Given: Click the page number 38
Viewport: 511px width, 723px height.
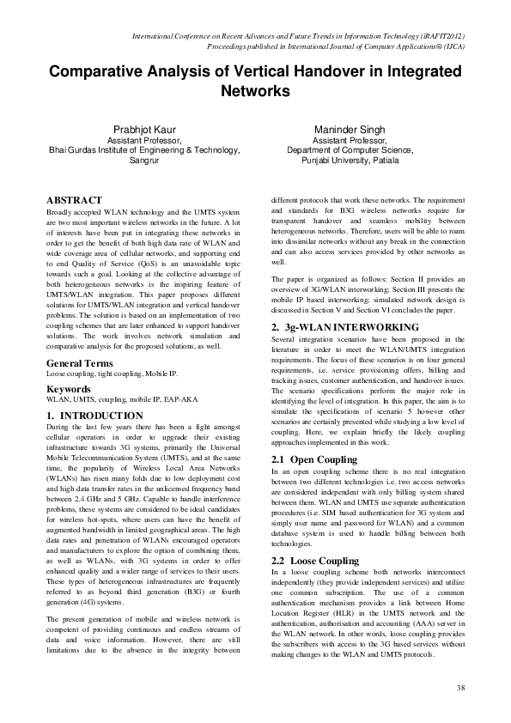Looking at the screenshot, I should click(461, 688).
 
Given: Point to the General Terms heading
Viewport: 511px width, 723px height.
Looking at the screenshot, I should click(84, 364).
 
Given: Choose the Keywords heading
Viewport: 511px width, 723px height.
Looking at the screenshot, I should click(70, 389).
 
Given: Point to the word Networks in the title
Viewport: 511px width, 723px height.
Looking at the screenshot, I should click(255, 90).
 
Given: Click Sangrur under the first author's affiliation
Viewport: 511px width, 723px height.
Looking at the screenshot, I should click(143, 160).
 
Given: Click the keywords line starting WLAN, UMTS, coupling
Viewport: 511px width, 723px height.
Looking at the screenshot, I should click(113, 401).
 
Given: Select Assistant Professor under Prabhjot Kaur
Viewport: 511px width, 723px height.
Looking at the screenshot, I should click(143, 139).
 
